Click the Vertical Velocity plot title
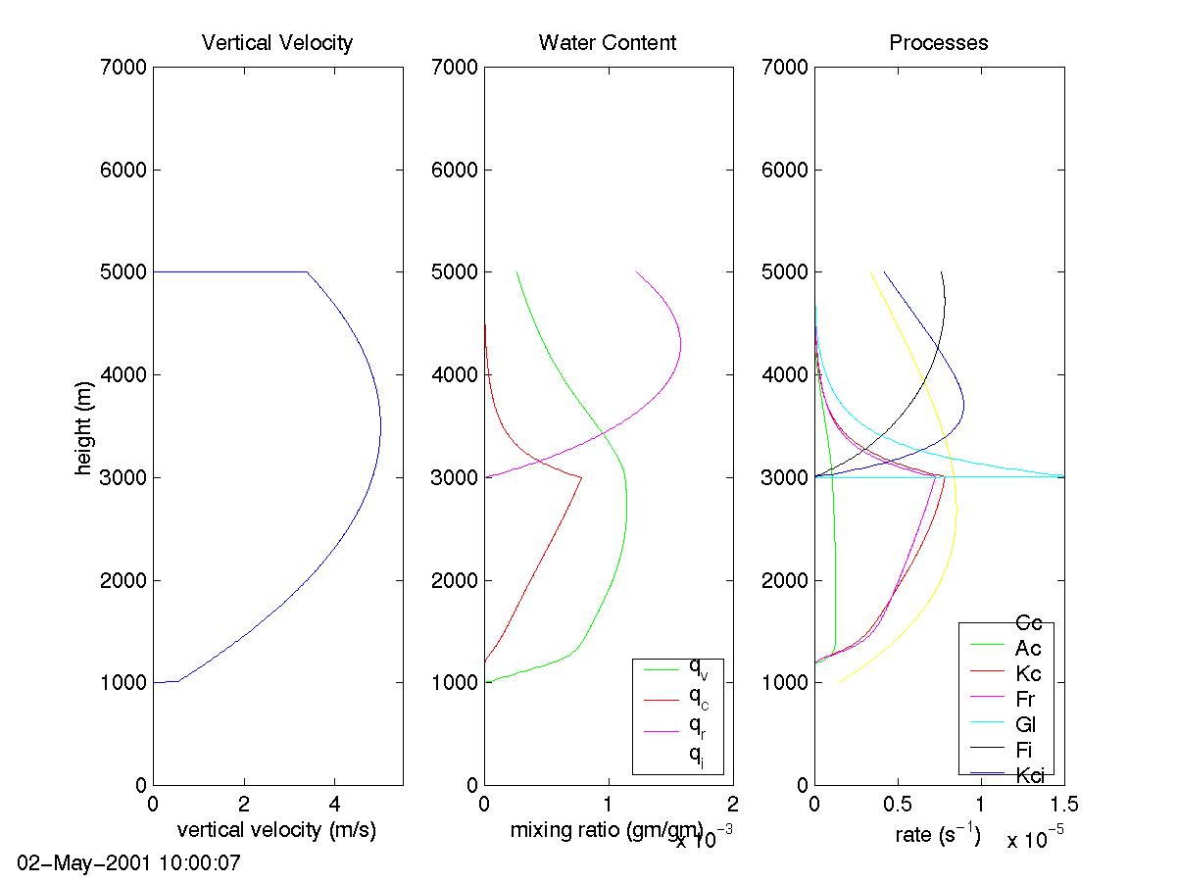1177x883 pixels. coord(276,43)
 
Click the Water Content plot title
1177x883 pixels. coord(608,43)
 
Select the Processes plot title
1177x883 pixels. coord(939,43)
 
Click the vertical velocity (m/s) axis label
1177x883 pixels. coord(276,831)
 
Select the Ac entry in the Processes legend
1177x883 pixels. coord(1028,649)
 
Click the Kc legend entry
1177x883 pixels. coord(1028,674)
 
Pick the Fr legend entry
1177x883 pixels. coord(1026,700)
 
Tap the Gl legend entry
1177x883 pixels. coord(1026,725)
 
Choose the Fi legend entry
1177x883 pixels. coord(1025,751)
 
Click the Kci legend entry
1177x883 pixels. coord(1029,776)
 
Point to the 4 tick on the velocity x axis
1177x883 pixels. coord(334,805)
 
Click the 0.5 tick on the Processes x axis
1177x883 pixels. coord(898,805)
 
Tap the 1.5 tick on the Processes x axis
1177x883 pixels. coord(1064,805)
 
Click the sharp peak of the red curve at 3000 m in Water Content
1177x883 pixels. coord(581,477)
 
